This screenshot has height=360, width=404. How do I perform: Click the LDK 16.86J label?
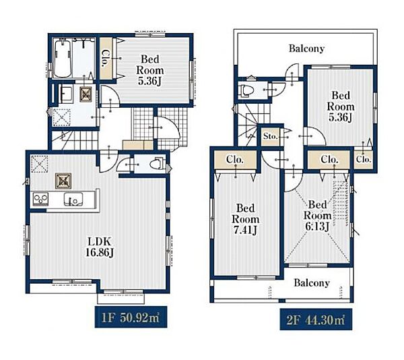(x=100, y=247)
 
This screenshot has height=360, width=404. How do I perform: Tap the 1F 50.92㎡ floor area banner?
(x=131, y=318)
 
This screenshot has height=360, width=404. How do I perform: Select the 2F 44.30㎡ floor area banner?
(x=316, y=320)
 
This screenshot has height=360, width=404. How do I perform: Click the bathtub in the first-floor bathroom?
(x=63, y=59)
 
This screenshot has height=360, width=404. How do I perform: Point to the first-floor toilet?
(x=157, y=164)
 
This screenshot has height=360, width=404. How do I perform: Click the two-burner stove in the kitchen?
(x=40, y=200)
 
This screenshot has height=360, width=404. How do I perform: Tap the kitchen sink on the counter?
(x=73, y=200)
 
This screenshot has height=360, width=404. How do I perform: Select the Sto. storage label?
(x=271, y=136)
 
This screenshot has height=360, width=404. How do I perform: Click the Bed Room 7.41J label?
(x=246, y=219)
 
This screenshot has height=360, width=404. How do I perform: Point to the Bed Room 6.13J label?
(x=317, y=216)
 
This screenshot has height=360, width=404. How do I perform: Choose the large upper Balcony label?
(x=306, y=49)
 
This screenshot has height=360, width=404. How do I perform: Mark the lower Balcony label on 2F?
(x=312, y=283)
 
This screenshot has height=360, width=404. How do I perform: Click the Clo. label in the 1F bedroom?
(x=106, y=59)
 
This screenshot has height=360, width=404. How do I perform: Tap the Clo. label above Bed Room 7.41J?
(x=235, y=160)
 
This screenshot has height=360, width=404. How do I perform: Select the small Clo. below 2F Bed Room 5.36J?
(x=364, y=160)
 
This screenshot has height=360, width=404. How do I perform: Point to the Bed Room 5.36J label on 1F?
(x=150, y=70)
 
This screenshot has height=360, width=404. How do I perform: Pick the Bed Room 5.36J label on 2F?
(x=341, y=107)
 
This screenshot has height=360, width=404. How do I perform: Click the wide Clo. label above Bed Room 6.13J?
(x=329, y=160)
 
